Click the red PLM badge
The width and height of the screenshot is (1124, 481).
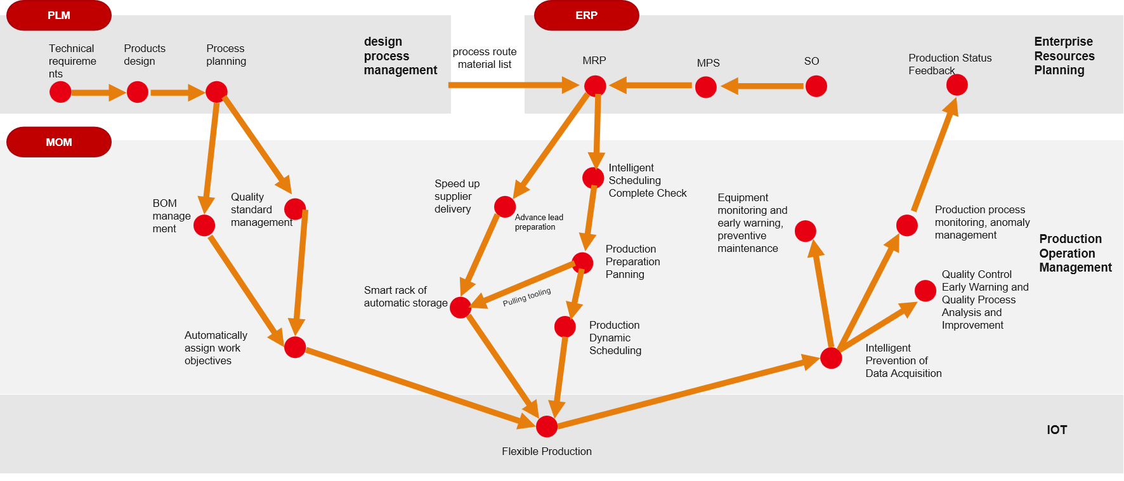point(59,15)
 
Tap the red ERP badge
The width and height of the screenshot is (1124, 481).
point(586,15)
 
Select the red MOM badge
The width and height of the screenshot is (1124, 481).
point(59,142)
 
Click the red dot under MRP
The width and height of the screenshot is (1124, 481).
point(595,86)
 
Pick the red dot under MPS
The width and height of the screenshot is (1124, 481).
point(705,87)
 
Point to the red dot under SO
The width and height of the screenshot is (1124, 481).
point(816,86)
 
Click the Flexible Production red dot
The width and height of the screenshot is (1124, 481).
point(547,426)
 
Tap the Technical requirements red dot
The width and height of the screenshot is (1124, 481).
point(60,92)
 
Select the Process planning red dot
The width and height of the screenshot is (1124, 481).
point(216,92)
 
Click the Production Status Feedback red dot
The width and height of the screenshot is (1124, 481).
point(957,84)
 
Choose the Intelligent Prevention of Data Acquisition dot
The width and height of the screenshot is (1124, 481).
point(831,358)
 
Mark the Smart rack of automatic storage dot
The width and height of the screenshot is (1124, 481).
point(461,307)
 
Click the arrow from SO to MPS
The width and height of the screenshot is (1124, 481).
point(761,86)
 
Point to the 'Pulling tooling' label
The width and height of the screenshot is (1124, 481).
point(526,297)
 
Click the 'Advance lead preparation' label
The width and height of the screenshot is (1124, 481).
point(539,222)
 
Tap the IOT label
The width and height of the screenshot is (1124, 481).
point(1057,430)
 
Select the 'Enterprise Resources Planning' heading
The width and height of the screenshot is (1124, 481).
point(1064,56)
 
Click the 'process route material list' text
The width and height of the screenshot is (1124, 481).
point(485,58)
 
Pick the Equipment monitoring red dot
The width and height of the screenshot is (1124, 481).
point(805,231)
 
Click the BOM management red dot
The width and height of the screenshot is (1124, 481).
point(204,225)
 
